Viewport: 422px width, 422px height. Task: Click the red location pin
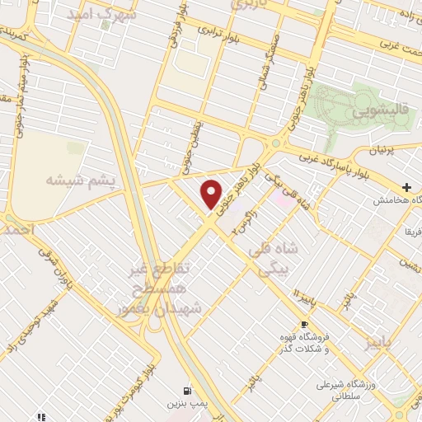coord(213,195)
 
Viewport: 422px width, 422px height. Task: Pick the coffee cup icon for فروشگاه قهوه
coord(304,324)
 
